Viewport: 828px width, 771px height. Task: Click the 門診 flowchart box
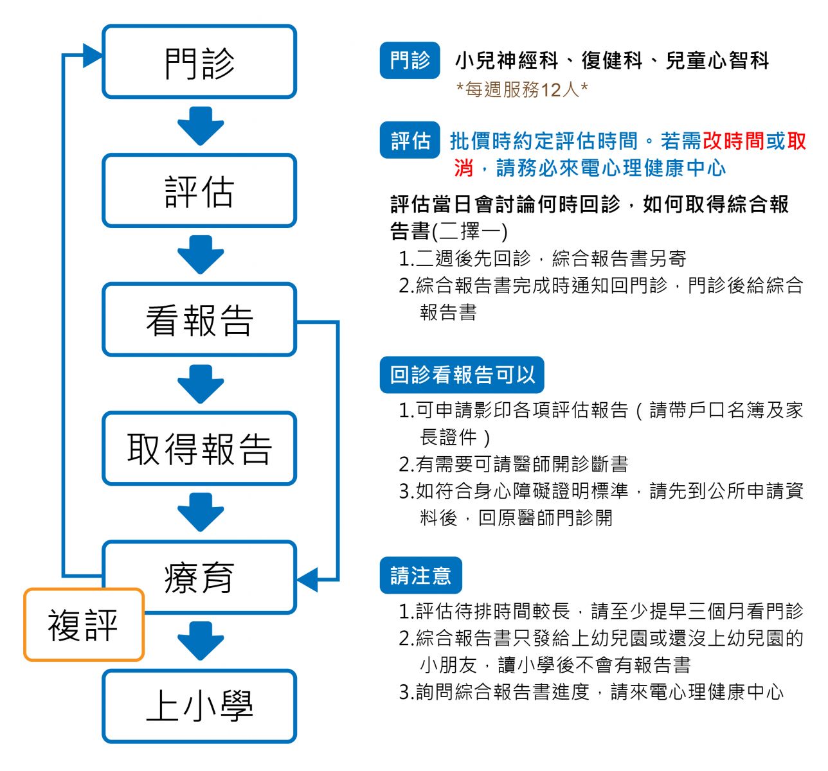199,62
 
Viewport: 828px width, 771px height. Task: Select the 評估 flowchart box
199,191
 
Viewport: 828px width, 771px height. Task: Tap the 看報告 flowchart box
199,320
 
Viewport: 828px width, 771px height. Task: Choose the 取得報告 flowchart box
199,448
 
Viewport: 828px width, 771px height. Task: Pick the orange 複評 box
84,625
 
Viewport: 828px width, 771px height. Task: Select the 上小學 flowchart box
199,706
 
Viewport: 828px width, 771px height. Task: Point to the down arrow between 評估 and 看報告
201,256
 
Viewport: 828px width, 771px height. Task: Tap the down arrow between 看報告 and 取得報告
201,384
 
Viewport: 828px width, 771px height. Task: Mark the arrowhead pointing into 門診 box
93,55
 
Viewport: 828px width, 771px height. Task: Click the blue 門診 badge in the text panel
410,60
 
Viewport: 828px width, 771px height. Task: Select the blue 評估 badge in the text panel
410,140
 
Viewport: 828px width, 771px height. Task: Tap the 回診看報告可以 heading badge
462,375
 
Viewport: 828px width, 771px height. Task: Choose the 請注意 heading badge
420,575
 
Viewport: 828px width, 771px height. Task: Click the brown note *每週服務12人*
521,89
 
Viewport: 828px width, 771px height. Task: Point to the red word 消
463,168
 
